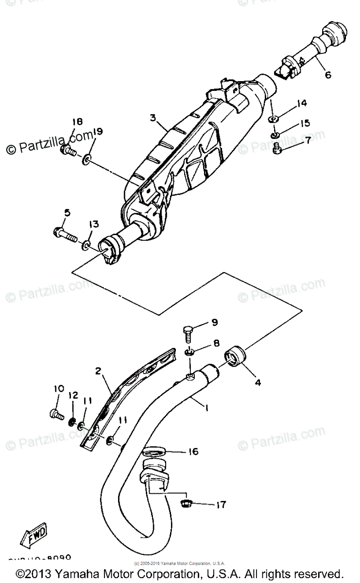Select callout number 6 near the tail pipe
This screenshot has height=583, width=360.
point(327,75)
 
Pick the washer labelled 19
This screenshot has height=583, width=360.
point(86,158)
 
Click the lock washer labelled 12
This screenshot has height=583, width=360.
point(72,421)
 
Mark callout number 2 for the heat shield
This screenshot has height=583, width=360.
point(98,372)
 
